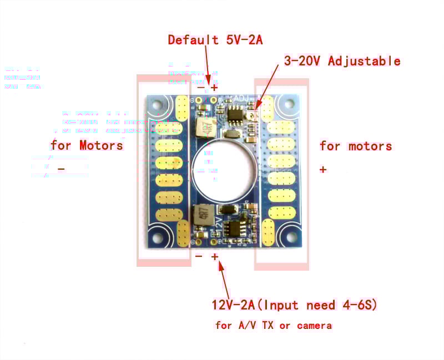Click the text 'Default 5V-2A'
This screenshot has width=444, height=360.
(215, 40)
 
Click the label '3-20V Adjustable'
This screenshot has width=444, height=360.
(342, 61)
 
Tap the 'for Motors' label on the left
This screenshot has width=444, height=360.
(87, 146)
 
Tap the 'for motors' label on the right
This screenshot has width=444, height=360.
(356, 146)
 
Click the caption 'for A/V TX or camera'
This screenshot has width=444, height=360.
(273, 326)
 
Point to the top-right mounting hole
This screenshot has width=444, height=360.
(288, 103)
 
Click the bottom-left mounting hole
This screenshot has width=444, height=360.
(157, 237)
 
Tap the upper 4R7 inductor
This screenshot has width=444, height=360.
(204, 128)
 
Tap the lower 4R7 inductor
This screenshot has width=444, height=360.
(203, 215)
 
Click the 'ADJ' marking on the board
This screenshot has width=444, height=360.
(243, 99)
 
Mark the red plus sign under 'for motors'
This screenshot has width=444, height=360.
(323, 170)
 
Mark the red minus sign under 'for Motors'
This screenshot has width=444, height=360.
(61, 169)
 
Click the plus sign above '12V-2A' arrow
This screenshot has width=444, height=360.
(215, 257)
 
